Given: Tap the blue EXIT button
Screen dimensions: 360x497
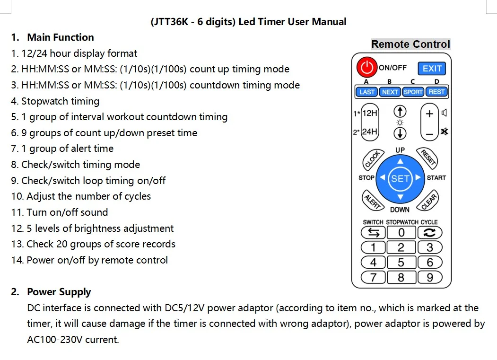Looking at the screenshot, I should [x=432, y=69].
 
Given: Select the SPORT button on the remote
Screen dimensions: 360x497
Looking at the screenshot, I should [x=413, y=92].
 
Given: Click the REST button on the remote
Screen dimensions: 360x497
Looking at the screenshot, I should [x=436, y=92].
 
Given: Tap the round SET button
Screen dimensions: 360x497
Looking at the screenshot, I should [x=400, y=178].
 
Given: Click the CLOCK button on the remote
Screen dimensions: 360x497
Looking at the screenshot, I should [x=372, y=160].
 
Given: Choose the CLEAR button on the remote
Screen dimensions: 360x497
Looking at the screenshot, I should [x=428, y=201].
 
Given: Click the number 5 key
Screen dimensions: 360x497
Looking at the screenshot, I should [x=401, y=262].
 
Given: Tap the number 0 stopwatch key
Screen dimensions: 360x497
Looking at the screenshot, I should [x=401, y=232].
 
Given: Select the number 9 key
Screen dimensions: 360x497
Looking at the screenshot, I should [x=429, y=277].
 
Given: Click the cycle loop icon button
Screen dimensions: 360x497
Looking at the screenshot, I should [x=429, y=232].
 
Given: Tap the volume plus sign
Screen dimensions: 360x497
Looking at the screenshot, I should [x=429, y=114].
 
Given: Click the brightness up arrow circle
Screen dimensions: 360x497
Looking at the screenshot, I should [x=400, y=112].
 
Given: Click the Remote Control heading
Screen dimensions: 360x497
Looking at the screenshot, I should [x=410, y=44].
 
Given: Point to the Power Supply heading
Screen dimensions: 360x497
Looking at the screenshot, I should [x=59, y=292].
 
